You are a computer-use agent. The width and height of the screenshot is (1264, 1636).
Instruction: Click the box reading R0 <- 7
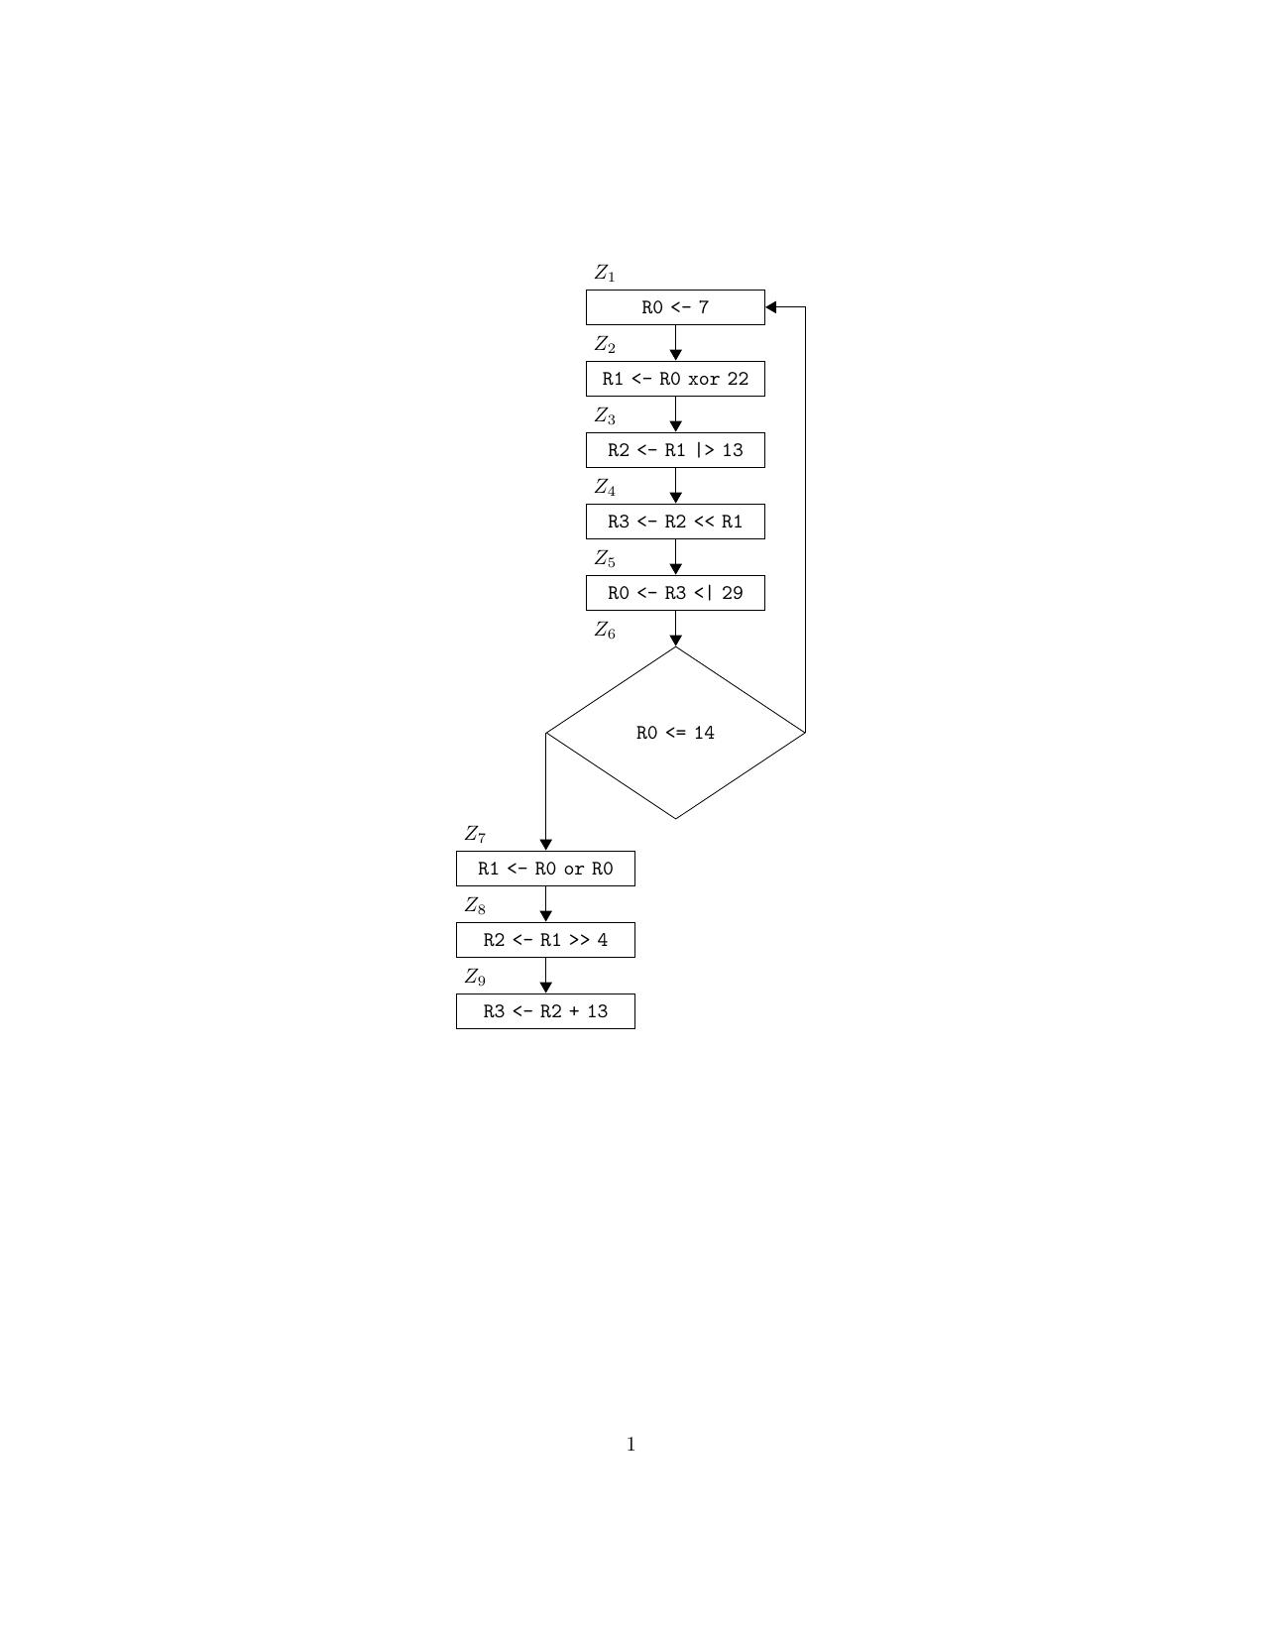click(x=675, y=307)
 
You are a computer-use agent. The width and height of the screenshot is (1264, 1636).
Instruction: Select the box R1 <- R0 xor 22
click(x=675, y=379)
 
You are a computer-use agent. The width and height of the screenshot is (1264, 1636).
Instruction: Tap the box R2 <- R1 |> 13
click(x=675, y=450)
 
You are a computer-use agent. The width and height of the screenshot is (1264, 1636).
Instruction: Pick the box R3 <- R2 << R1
click(x=675, y=522)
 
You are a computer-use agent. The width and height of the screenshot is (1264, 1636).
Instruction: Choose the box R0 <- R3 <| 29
click(x=675, y=593)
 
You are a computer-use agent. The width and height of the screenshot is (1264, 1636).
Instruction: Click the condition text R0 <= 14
click(x=675, y=733)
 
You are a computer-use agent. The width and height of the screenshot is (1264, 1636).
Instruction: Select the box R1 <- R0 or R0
click(x=545, y=869)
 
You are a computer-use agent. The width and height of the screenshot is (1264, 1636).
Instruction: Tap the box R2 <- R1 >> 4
click(x=545, y=940)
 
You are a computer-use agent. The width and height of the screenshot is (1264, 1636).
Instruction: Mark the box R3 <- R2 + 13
click(x=545, y=1011)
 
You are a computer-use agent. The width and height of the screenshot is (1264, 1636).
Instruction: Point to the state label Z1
click(x=605, y=273)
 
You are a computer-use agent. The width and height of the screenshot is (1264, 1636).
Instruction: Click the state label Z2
click(x=605, y=344)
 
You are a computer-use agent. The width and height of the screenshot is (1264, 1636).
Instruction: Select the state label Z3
click(x=605, y=415)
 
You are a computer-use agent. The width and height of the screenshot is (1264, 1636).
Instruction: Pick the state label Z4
click(x=605, y=487)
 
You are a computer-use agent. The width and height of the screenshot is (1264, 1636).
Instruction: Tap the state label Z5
click(x=605, y=558)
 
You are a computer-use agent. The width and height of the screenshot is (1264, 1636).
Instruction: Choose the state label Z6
click(x=605, y=630)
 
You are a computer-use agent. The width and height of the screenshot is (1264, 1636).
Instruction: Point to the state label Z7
click(x=475, y=834)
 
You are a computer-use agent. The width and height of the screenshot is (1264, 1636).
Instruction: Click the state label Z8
click(x=475, y=905)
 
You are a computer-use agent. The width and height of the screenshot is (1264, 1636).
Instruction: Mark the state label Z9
click(x=475, y=977)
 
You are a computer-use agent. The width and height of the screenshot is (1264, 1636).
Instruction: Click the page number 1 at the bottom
click(x=631, y=1445)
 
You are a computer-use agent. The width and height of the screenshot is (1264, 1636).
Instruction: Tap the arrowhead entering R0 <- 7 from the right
click(x=771, y=307)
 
